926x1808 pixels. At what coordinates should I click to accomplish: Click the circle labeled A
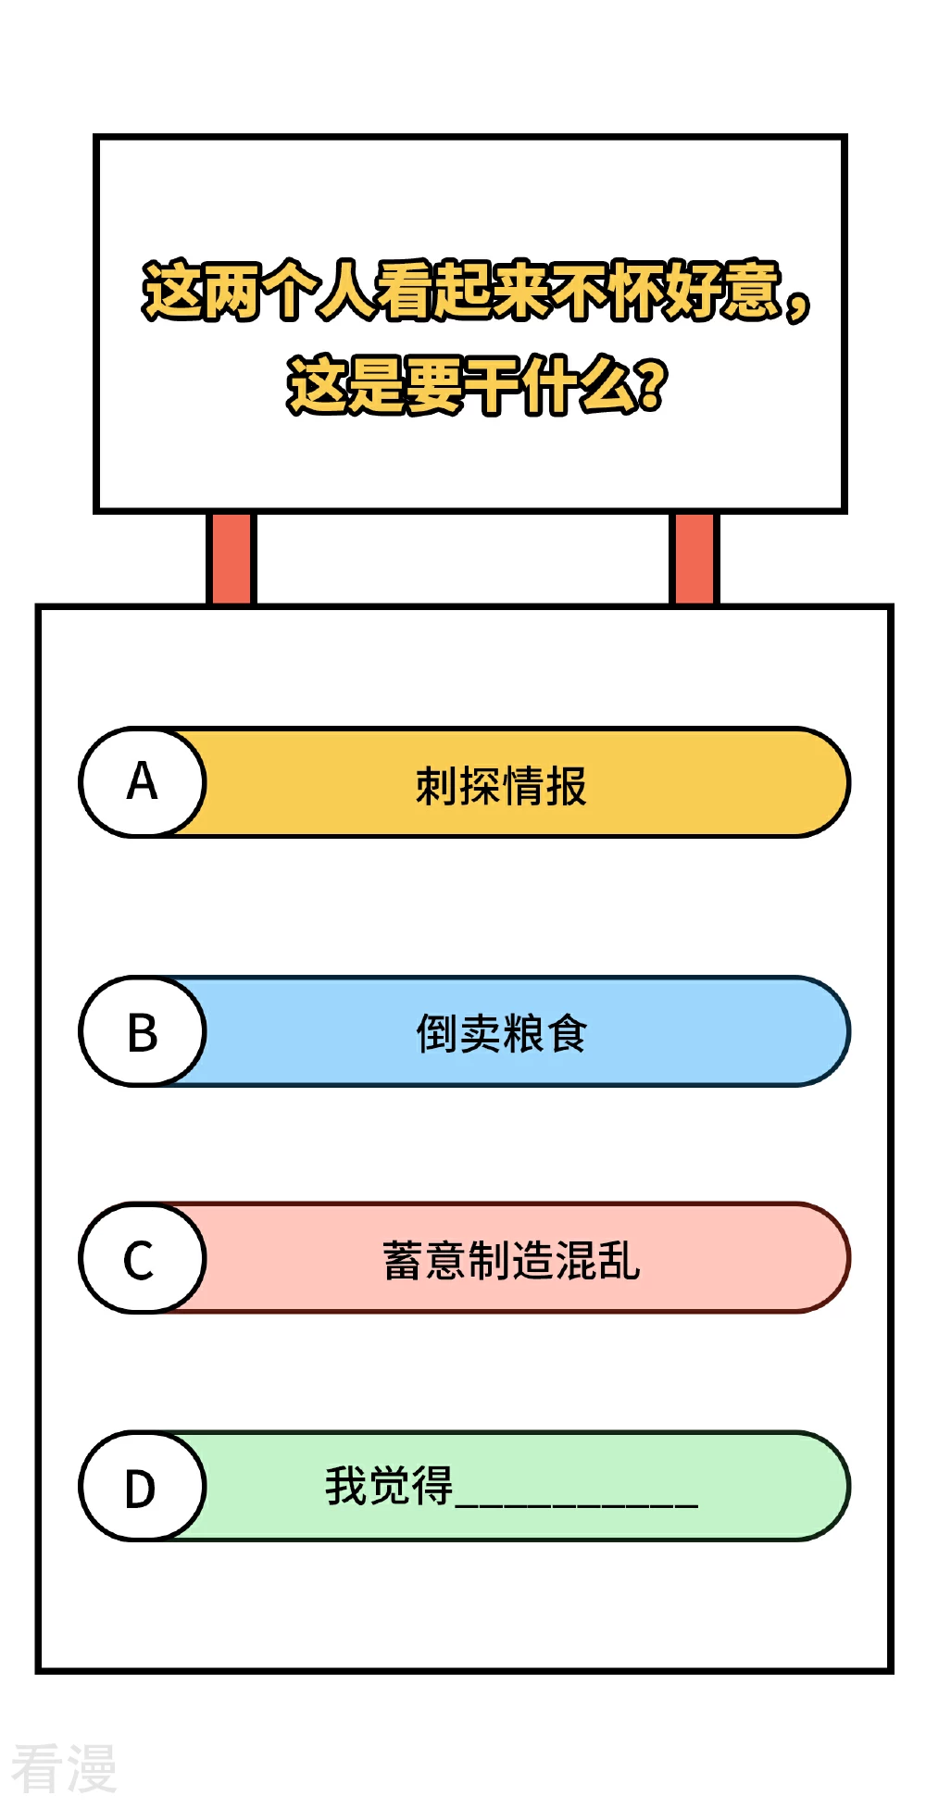point(142,782)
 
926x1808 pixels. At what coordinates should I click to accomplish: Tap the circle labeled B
point(142,1031)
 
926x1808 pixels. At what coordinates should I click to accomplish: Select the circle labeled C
point(142,1258)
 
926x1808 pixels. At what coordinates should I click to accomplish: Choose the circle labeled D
point(142,1487)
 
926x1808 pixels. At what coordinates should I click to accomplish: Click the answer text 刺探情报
point(501,786)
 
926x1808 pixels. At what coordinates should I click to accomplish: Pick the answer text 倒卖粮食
point(501,1033)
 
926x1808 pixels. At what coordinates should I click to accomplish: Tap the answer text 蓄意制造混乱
point(511,1260)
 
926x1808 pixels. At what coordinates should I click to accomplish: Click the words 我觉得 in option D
point(389,1486)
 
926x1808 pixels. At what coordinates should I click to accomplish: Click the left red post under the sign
point(231,558)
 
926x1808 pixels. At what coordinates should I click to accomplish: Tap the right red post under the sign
point(694,558)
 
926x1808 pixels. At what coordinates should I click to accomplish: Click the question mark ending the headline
point(651,385)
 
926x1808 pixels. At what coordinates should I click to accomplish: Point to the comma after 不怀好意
point(796,303)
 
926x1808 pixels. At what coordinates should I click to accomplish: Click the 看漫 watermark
point(64,1767)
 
